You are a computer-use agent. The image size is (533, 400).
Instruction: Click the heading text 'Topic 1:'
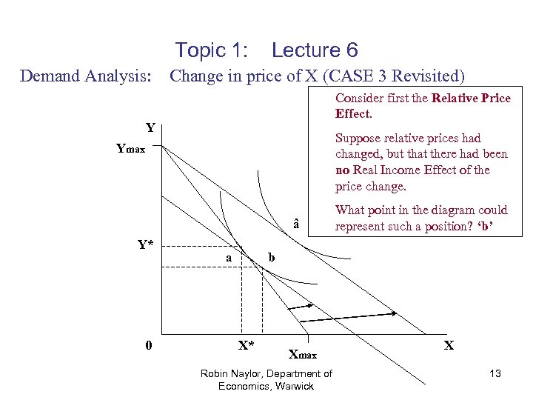coord(211,50)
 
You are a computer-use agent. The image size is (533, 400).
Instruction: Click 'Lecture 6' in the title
coord(315,50)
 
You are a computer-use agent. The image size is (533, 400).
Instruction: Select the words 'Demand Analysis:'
coord(86,76)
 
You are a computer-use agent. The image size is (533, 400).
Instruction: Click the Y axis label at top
coord(150,127)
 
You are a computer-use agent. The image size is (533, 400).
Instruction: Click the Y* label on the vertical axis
coord(145,244)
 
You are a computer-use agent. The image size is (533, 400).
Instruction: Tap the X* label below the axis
coord(246,345)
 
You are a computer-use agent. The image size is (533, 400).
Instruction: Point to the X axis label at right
coord(449,345)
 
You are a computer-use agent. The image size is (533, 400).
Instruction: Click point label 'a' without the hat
coord(229,258)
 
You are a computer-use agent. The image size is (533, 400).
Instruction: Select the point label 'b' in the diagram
coord(271,258)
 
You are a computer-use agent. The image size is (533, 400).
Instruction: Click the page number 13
coord(495,374)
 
